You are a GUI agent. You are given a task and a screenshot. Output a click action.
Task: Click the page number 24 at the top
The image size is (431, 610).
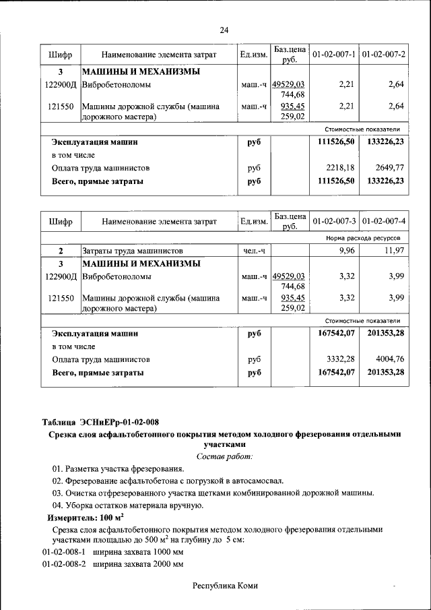pyautogui.click(x=224, y=30)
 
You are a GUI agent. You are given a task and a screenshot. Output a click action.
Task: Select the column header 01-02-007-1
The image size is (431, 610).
pyautogui.click(x=334, y=53)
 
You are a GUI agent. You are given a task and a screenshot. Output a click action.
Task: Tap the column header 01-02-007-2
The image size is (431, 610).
pyautogui.click(x=383, y=53)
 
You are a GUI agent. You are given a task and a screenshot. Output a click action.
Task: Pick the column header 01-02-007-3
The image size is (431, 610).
pyautogui.click(x=334, y=220)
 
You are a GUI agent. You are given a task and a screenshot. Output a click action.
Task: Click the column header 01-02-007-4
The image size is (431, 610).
pyautogui.click(x=383, y=220)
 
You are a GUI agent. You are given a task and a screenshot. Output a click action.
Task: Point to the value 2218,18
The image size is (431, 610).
pyautogui.click(x=340, y=167)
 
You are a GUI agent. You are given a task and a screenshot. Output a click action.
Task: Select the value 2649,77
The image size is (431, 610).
pyautogui.click(x=390, y=167)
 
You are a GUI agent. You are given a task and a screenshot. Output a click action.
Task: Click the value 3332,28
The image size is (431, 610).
pyautogui.click(x=340, y=359)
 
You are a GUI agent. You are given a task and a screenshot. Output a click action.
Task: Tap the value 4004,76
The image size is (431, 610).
pyautogui.click(x=390, y=359)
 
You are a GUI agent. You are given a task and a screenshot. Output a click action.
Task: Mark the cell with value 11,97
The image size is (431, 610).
pyautogui.click(x=394, y=251)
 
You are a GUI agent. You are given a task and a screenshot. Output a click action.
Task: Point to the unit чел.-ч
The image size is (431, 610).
pyautogui.click(x=254, y=251)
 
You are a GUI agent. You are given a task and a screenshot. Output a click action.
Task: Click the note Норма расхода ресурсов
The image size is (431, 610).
pyautogui.click(x=363, y=239)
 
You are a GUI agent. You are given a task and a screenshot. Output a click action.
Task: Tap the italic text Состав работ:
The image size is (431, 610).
pyautogui.click(x=224, y=456)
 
